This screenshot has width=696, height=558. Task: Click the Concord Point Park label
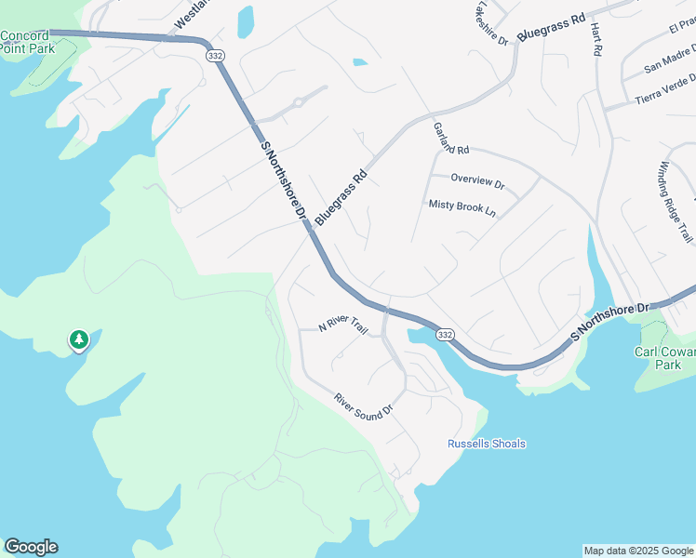point(25,42)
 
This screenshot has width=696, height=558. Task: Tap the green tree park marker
point(79,340)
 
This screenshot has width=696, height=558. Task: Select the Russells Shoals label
point(486,444)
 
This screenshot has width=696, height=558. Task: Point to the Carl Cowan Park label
point(664,358)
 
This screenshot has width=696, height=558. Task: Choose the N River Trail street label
point(343,325)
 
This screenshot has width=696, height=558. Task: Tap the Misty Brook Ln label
point(462,207)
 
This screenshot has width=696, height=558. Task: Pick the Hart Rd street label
point(596,39)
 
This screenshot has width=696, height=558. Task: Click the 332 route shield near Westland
point(214,57)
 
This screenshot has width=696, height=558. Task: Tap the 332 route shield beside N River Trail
point(446,334)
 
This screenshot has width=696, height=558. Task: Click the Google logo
point(31,547)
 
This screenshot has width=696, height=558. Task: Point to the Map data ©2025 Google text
point(637,551)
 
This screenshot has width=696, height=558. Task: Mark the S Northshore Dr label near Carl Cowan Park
point(609,319)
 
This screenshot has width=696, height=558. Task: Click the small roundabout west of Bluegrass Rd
point(298,103)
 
